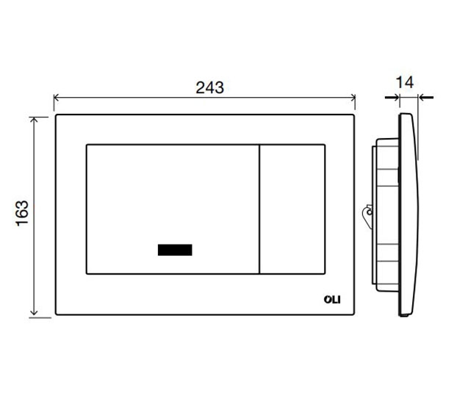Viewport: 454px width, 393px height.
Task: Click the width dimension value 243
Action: tap(209, 87)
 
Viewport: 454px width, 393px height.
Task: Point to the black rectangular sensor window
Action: tap(175, 250)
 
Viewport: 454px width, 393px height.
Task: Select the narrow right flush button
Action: tap(292, 210)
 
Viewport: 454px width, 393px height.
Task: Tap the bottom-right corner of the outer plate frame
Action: tap(355, 317)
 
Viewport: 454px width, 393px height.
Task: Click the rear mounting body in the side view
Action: tap(385, 213)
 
